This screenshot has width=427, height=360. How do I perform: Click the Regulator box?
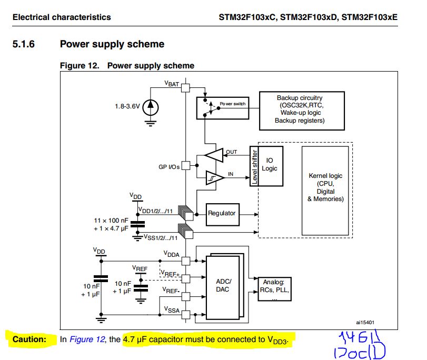coord(222,213)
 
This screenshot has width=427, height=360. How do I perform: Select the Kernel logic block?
coord(325,187)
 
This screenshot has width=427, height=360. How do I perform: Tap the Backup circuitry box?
coord(300,109)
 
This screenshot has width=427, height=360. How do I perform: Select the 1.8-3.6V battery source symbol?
coord(151,106)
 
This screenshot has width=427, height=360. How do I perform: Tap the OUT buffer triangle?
coord(214,155)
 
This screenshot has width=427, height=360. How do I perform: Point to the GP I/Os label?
coord(169,167)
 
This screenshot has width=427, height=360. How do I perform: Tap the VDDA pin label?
coord(172,254)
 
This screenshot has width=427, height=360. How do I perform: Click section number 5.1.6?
coord(23,44)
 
